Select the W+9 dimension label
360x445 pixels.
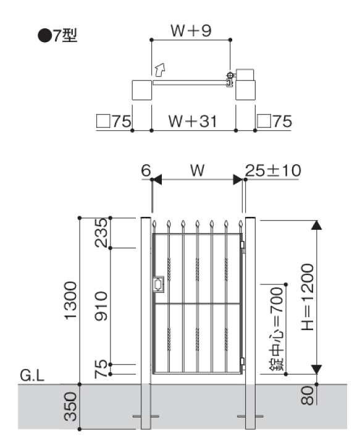(191, 31)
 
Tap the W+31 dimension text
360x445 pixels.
(193, 121)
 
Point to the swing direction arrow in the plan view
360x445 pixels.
(160, 69)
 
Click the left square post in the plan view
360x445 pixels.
(142, 90)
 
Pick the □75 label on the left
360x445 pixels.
(114, 122)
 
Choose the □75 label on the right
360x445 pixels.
(274, 122)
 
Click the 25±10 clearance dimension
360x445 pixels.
(273, 171)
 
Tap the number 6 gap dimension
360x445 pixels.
(146, 171)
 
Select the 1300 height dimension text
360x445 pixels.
(70, 300)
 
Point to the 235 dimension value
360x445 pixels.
(101, 233)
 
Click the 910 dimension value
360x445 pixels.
(101, 306)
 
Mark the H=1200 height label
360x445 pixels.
(308, 297)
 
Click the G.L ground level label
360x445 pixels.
(32, 376)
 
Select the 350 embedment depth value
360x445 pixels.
(70, 407)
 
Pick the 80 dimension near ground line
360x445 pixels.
(308, 395)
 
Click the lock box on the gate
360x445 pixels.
(158, 284)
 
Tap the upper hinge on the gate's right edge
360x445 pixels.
(242, 245)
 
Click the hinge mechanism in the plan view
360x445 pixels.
(230, 80)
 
